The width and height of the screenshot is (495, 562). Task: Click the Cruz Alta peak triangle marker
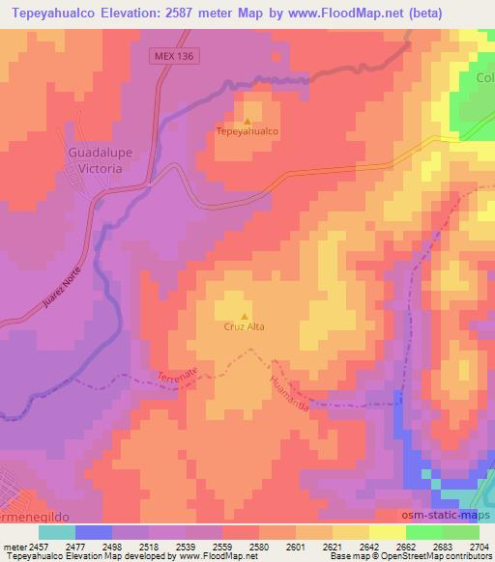245,315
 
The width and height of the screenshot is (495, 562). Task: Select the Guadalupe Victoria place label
95,160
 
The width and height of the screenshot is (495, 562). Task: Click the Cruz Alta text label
245,326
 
